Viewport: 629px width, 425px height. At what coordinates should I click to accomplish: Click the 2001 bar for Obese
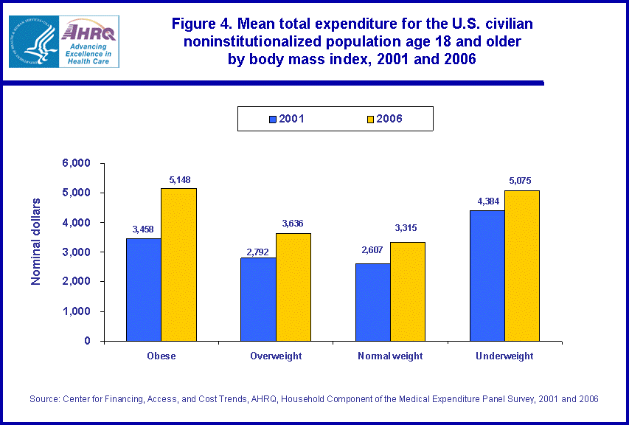point(144,289)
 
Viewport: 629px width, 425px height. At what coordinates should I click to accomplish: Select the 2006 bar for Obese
point(178,264)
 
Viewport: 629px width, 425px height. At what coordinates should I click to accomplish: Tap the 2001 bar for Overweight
point(258,299)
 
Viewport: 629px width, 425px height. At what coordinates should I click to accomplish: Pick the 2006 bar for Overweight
point(293,287)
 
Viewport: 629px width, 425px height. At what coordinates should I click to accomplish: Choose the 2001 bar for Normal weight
point(373,302)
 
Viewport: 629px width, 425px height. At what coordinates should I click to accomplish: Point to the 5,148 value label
point(178,179)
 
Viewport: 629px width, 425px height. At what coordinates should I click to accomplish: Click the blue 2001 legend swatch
point(274,119)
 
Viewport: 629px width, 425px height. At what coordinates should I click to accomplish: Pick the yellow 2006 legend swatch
point(371,119)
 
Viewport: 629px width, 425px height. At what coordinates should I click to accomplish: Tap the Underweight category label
point(504,356)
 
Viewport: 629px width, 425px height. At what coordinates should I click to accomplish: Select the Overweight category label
point(276,356)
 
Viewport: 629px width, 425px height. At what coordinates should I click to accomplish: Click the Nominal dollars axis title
point(36,241)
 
